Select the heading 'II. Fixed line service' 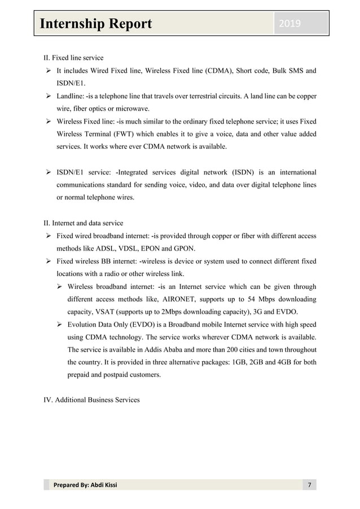click(73, 58)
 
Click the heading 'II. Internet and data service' click(84, 222)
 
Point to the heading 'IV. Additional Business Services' click(91, 400)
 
